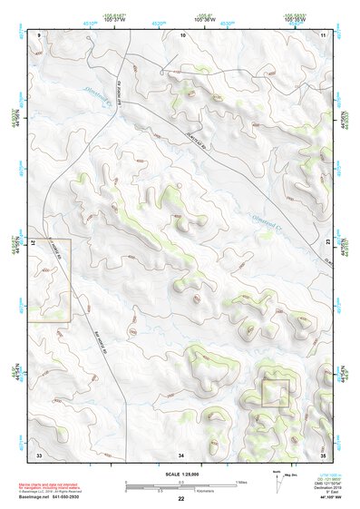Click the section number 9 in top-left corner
pyautogui.click(x=40, y=34)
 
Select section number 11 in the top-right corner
pyautogui.click(x=324, y=34)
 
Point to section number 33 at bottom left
pyautogui.click(x=39, y=453)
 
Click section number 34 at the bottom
pyautogui.click(x=182, y=453)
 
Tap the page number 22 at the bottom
pyautogui.click(x=181, y=499)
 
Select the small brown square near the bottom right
pyautogui.click(x=275, y=393)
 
